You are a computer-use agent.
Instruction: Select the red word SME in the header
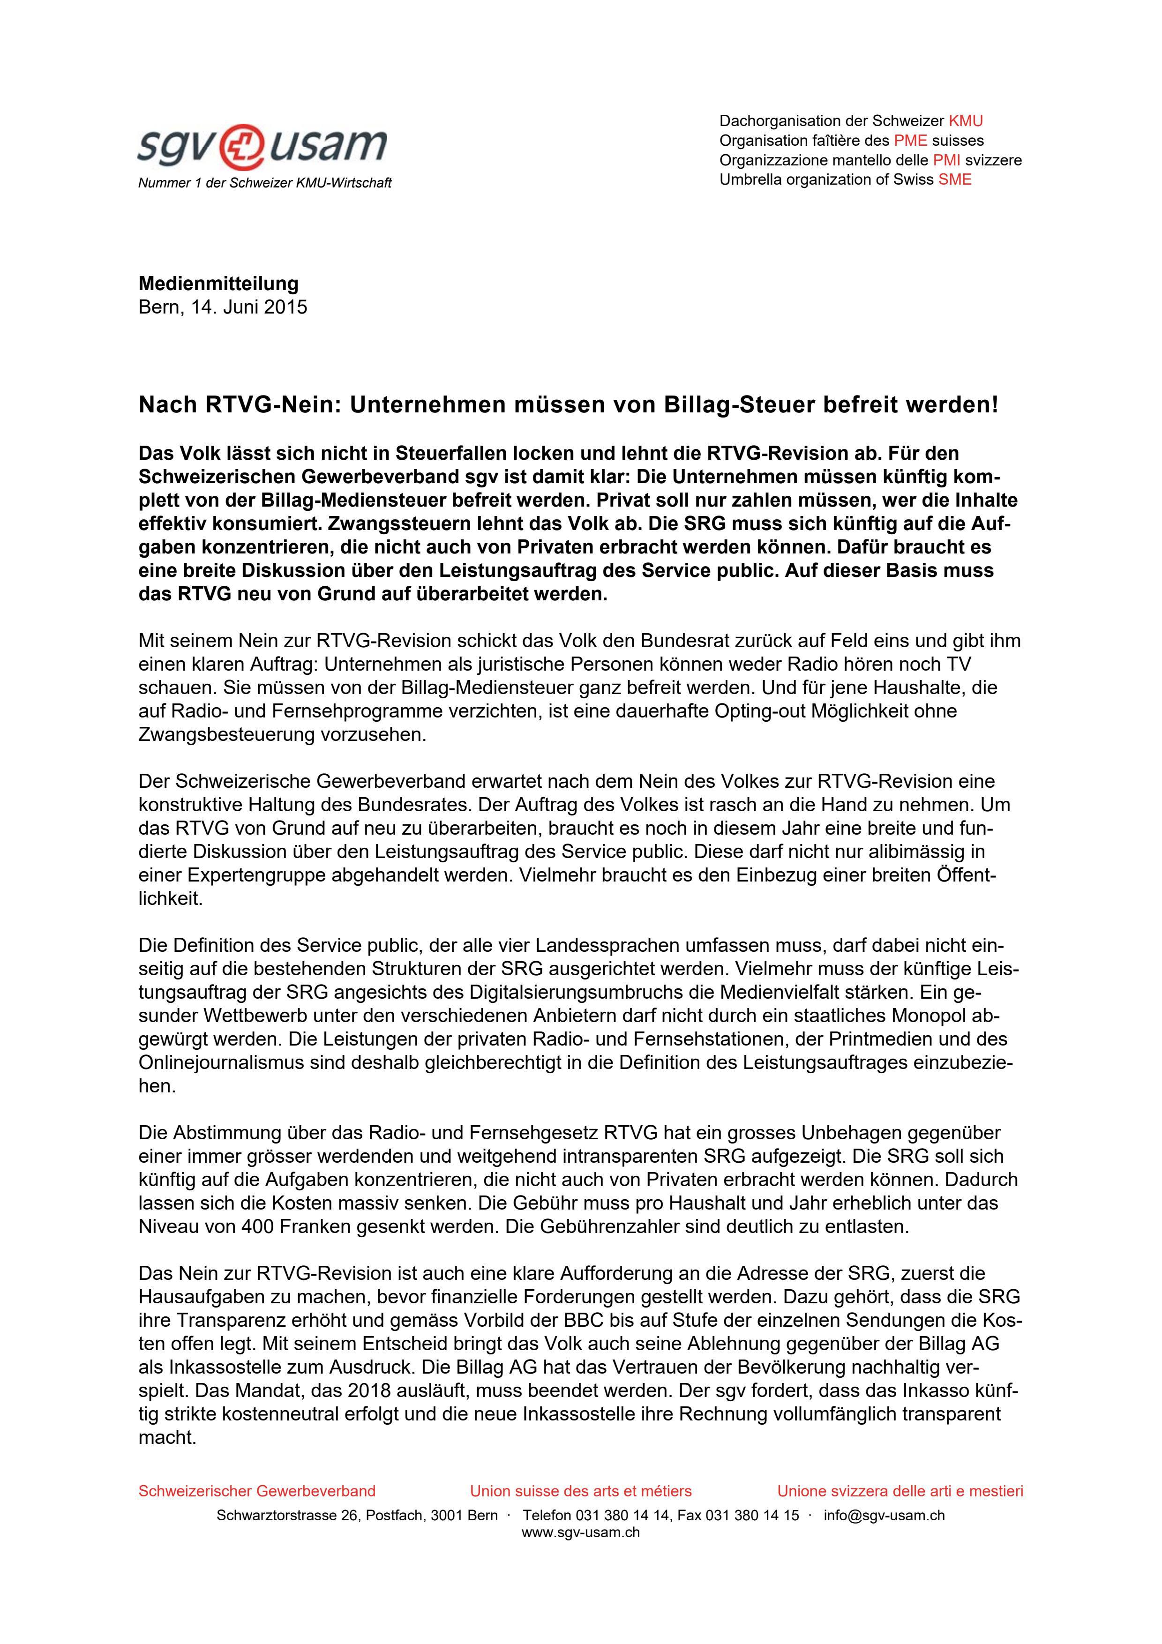click(x=955, y=179)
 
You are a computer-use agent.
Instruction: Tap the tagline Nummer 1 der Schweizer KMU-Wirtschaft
click(x=264, y=183)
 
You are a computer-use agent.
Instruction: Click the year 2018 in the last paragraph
click(x=373, y=1391)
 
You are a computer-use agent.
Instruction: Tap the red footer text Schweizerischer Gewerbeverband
click(x=256, y=1491)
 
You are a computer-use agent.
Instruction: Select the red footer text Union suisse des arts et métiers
click(x=581, y=1491)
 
